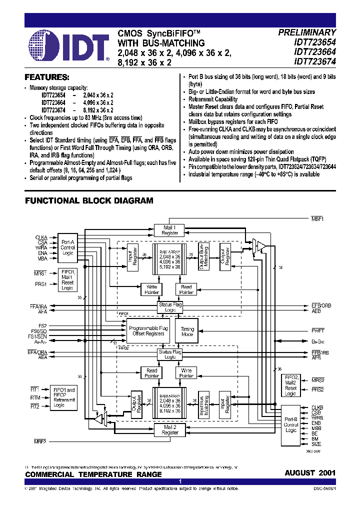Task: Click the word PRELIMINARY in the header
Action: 307,32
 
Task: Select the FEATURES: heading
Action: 47,77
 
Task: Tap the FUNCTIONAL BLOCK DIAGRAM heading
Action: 89,200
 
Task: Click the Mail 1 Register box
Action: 170,230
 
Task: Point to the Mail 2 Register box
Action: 170,429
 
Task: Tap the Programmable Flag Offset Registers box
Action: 147,331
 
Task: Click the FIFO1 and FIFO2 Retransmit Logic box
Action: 63,397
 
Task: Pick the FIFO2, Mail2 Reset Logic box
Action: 290,385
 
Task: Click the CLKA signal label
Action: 41,237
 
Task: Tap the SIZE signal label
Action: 316,444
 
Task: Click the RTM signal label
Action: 34,397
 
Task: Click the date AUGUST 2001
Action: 310,473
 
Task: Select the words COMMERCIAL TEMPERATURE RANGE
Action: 93,474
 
